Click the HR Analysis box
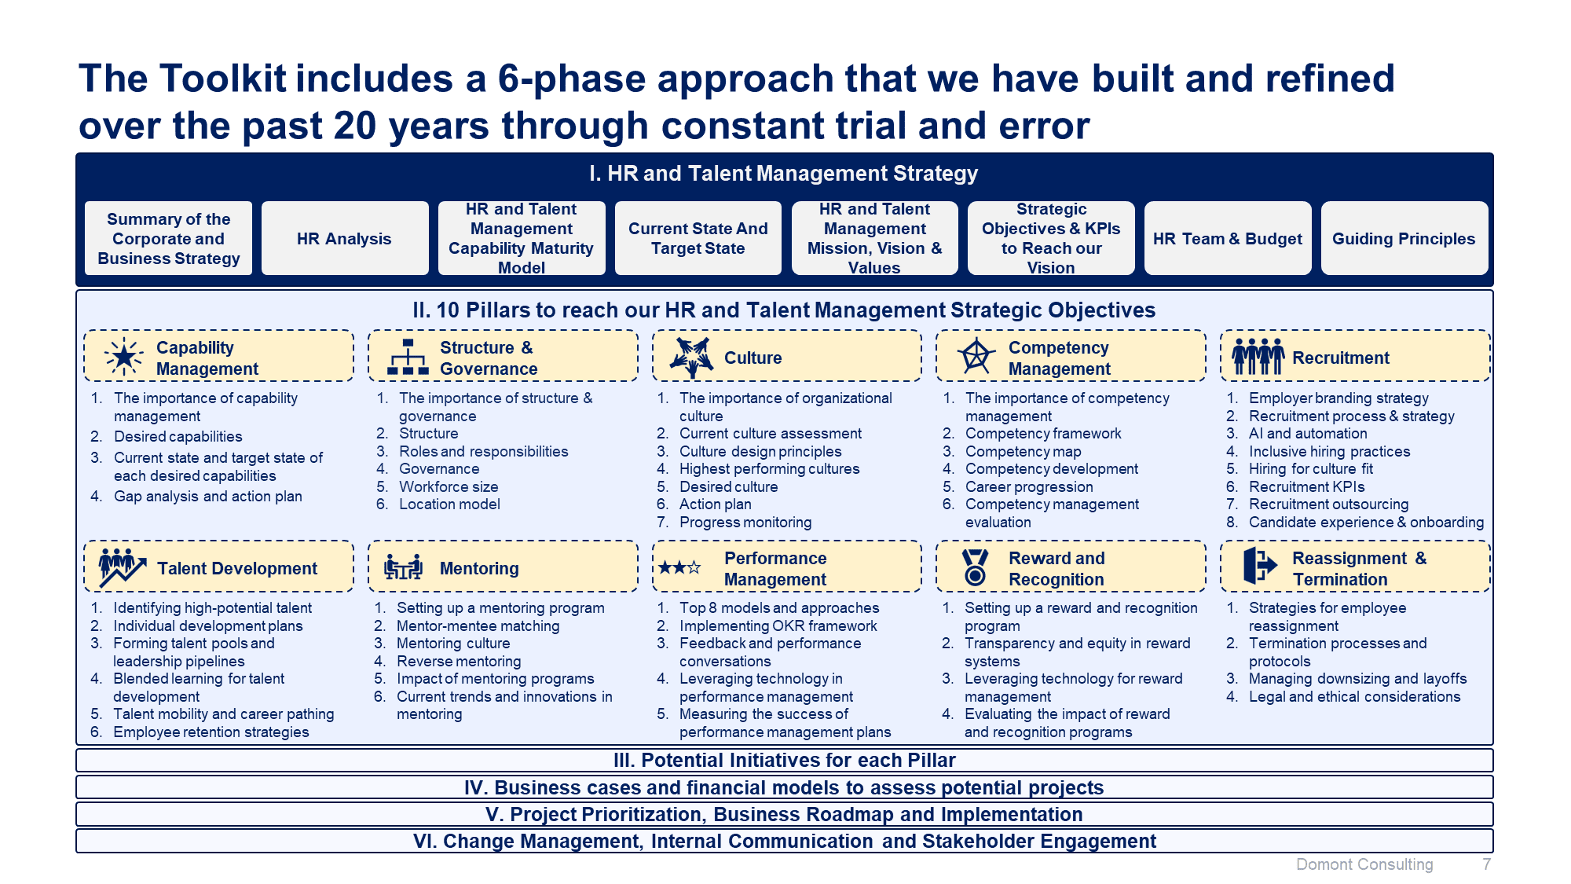tap(345, 238)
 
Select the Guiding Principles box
tap(1404, 238)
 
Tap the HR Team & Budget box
tap(1228, 238)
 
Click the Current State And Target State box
tap(698, 238)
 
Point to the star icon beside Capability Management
tap(124, 357)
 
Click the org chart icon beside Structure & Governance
tap(408, 357)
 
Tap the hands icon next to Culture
tap(691, 358)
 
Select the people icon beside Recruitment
tap(1258, 357)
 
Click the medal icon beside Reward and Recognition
tap(975, 567)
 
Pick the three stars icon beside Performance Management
tap(679, 567)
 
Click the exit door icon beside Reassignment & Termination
tap(1261, 565)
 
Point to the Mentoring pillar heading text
tap(479, 568)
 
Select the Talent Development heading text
tap(237, 568)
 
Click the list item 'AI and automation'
tap(1308, 433)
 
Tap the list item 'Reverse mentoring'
tap(459, 661)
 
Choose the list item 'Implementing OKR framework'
tap(778, 625)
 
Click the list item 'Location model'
tap(449, 504)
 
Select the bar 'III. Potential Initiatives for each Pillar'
tap(785, 760)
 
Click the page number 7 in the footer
tap(1486, 864)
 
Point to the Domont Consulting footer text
tap(1364, 864)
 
